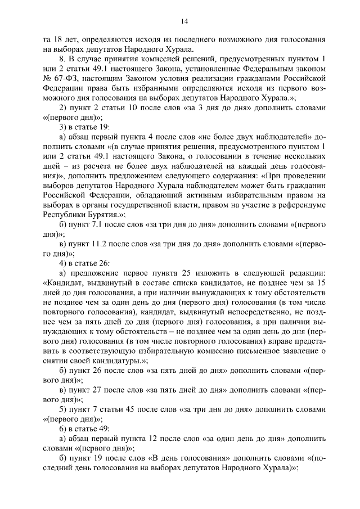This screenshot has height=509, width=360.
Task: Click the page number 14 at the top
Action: [184, 21]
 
